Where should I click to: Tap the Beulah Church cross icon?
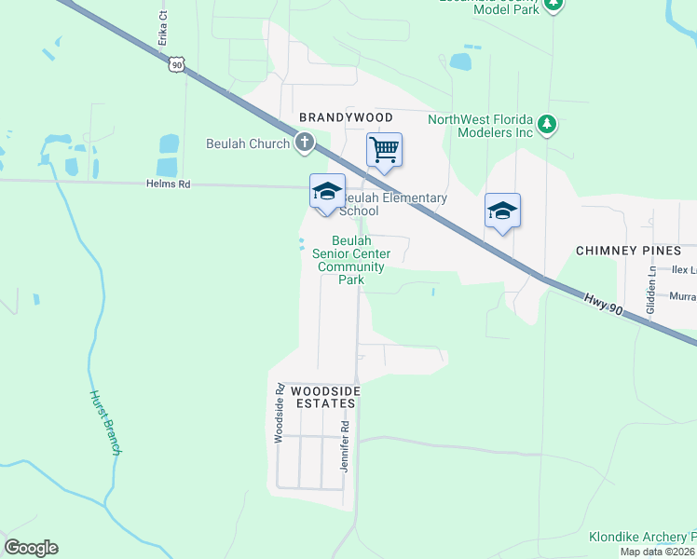(304, 143)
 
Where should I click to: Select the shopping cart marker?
(384, 151)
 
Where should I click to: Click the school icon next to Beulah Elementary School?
(327, 192)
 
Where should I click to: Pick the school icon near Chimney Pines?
(502, 211)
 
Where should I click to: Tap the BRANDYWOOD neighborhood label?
(346, 117)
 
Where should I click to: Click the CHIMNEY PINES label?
(635, 251)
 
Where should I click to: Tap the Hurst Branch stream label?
(105, 421)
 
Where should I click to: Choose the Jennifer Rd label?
(345, 446)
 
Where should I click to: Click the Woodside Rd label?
(278, 413)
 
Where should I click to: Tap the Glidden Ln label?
(651, 285)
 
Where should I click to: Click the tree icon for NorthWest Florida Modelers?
(548, 123)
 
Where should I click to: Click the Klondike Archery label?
(642, 538)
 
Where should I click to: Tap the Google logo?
(31, 548)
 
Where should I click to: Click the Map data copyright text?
(657, 552)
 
